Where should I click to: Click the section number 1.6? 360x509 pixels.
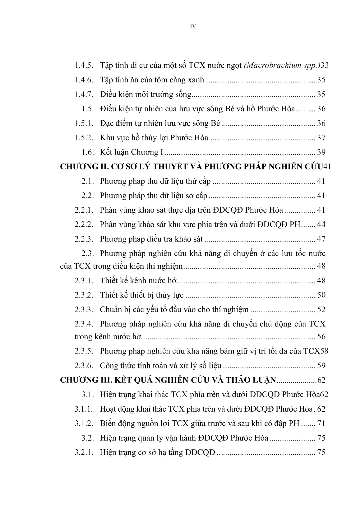(88, 152)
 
